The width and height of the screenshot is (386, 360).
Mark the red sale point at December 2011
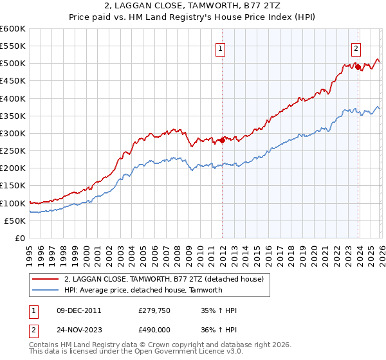pos(223,140)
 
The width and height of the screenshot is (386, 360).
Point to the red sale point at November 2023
pos(358,67)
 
